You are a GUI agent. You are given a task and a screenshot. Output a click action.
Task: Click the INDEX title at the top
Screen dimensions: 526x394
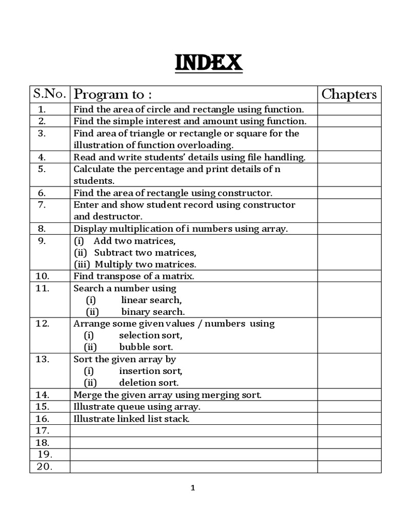coord(209,64)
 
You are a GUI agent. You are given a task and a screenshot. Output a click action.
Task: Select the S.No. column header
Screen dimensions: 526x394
coord(49,94)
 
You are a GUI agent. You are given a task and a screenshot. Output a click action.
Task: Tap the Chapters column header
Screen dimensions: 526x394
coord(349,94)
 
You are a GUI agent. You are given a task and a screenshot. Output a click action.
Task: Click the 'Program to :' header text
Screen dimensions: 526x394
coord(113,95)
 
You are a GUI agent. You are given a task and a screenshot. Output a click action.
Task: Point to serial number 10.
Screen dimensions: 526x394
coord(42,276)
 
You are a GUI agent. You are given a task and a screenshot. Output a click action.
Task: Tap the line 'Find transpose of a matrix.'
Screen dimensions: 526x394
coord(134,276)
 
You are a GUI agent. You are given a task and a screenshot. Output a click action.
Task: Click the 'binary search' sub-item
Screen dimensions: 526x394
coord(152,312)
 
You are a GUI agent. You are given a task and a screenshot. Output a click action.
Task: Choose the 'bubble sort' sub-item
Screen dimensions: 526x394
coord(146,347)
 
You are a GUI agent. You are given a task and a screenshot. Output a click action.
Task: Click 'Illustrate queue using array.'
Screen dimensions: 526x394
coord(137,407)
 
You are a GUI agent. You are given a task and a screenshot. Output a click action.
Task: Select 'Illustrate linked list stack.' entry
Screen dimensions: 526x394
coord(131,419)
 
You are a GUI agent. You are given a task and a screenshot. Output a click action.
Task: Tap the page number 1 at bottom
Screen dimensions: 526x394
coord(193,489)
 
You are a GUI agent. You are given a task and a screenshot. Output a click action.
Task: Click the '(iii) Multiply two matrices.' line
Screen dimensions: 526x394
coord(135,265)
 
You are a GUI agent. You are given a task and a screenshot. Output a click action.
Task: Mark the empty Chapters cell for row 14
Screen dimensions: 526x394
coord(349,395)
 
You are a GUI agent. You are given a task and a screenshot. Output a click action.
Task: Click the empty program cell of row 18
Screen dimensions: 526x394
coord(193,442)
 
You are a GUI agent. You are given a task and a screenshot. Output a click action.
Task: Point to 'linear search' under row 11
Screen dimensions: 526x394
coord(151,300)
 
